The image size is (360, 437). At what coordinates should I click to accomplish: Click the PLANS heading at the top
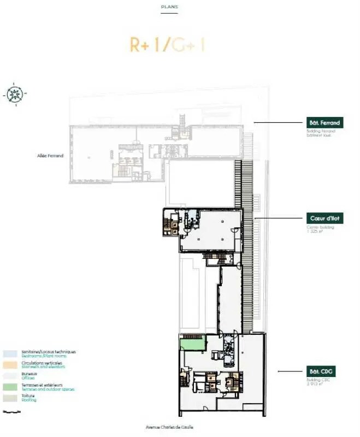[x=169, y=7]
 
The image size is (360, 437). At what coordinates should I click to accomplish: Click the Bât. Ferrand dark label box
[x=324, y=123]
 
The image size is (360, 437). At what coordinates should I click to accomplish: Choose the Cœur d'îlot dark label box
[x=324, y=218]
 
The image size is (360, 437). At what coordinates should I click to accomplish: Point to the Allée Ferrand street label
[x=52, y=156]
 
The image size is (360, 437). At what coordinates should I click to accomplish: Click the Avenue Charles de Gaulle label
[x=169, y=427]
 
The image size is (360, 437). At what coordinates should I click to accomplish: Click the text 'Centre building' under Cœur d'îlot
[x=317, y=226]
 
